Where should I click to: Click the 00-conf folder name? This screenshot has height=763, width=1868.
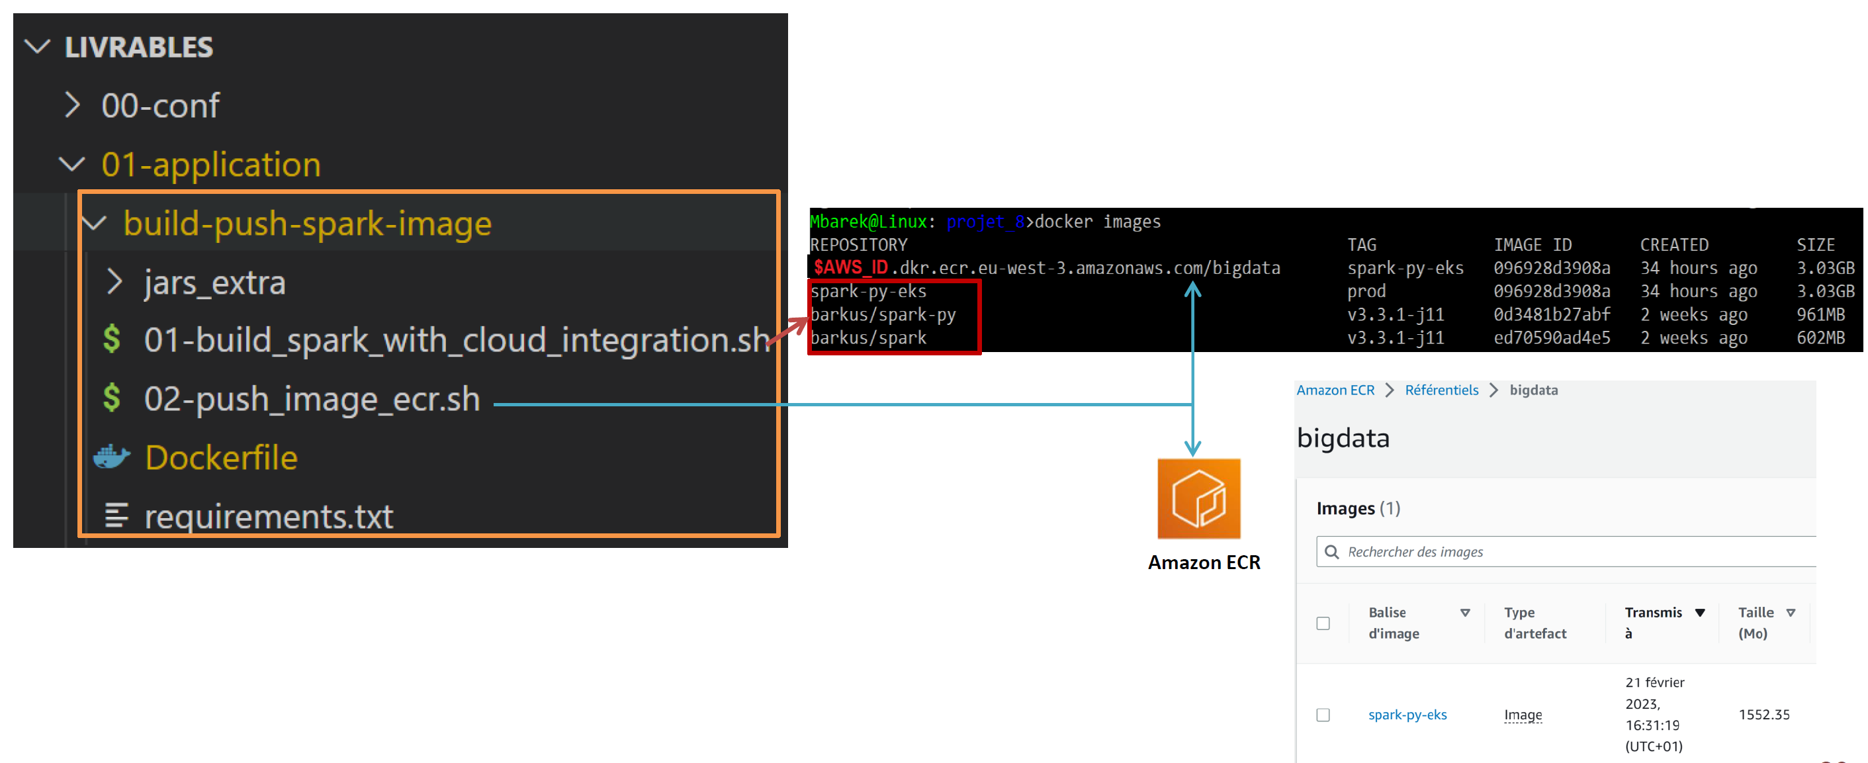click(x=160, y=106)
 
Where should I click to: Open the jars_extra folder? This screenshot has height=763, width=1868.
click(x=214, y=282)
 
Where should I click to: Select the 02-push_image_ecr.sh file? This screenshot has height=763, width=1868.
click(x=312, y=399)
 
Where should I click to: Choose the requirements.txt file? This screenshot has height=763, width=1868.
click(x=268, y=516)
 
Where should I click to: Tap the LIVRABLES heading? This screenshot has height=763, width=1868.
click(x=138, y=48)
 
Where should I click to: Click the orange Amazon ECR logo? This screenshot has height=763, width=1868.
click(x=1198, y=498)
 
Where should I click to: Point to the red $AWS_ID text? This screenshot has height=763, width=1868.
click(x=850, y=267)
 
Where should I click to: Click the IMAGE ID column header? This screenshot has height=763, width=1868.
click(x=1533, y=244)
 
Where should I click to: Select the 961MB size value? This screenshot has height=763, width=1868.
click(x=1820, y=314)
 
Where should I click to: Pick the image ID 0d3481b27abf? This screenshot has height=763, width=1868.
click(x=1551, y=314)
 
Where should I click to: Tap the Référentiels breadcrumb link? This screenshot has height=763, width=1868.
click(x=1441, y=390)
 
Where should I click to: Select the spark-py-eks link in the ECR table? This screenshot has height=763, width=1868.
click(x=1407, y=715)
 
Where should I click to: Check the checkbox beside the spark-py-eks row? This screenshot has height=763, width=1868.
click(x=1323, y=715)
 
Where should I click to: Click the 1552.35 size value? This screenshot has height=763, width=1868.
click(x=1763, y=715)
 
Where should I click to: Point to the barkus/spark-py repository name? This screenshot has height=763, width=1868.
click(x=883, y=314)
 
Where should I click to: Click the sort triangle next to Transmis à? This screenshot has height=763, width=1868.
click(x=1700, y=613)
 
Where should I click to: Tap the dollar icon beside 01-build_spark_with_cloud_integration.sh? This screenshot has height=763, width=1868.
click(x=112, y=339)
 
